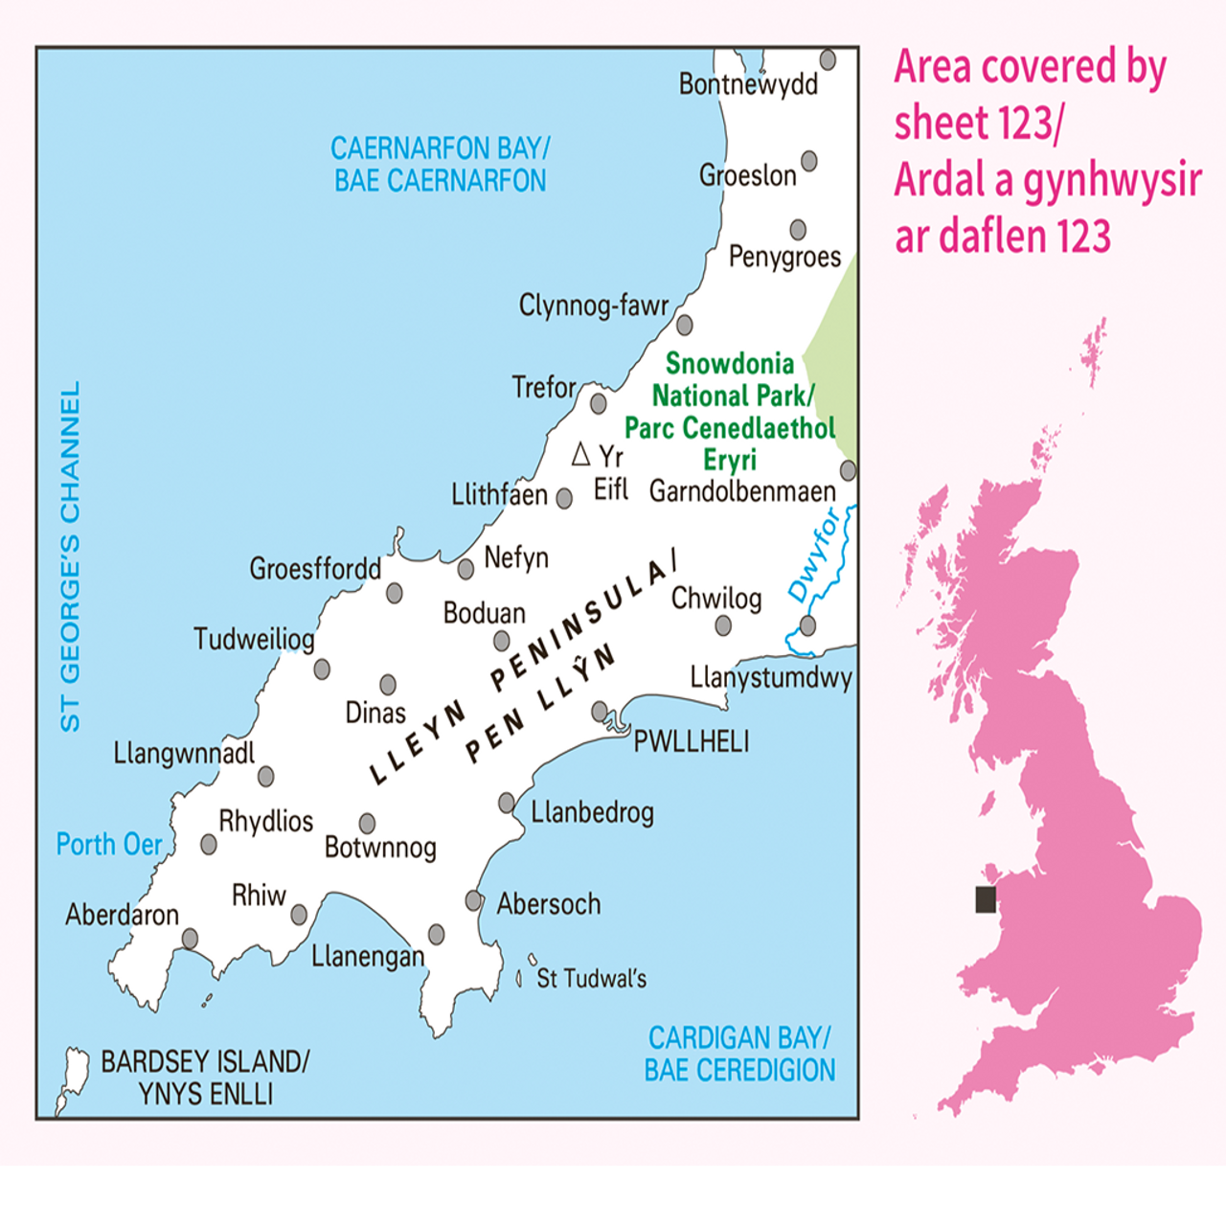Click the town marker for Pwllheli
(x=600, y=711)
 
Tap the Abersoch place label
(x=548, y=903)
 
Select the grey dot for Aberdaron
(x=190, y=938)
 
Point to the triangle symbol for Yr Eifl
(x=580, y=454)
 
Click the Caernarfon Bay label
(x=440, y=164)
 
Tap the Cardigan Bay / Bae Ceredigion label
(x=738, y=1054)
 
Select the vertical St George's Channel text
(x=70, y=556)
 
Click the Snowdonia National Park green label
(x=730, y=411)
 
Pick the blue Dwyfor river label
(x=813, y=556)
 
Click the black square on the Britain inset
(x=986, y=899)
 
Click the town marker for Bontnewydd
(x=828, y=59)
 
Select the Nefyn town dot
(x=465, y=569)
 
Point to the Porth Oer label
(x=108, y=844)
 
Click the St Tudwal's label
(x=591, y=979)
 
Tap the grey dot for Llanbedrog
(x=507, y=803)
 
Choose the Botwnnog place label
(x=380, y=848)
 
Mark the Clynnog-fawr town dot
(x=684, y=325)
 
